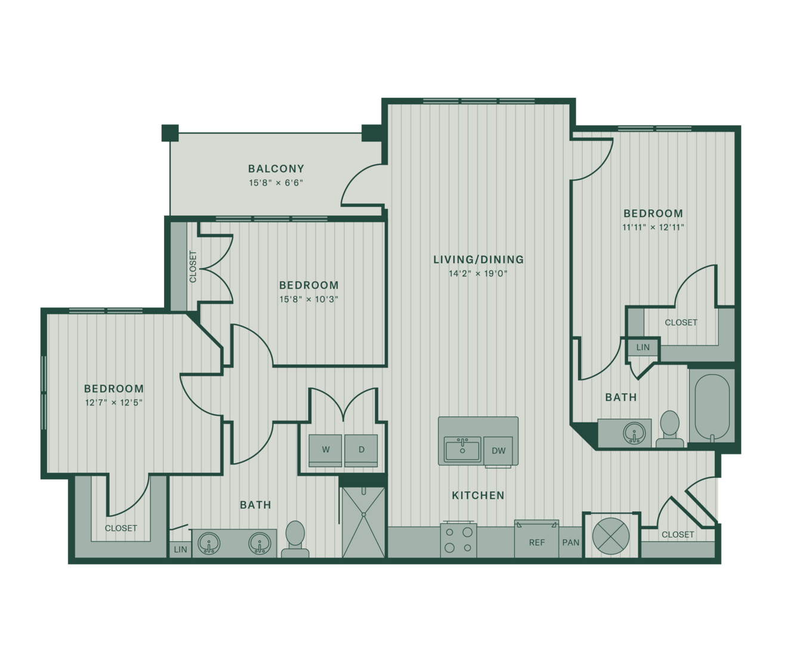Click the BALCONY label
coord(276,169)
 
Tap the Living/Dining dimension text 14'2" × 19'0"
coord(478,273)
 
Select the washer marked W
coord(325,450)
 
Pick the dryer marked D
coord(361,450)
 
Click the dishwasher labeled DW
coord(498,451)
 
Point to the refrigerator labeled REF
coord(536,539)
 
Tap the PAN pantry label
coord(571,542)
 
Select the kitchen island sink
coord(462,449)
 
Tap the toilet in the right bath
coord(670,429)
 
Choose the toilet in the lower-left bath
coord(295,539)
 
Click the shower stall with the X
coord(363,523)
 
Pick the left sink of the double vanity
coord(209,543)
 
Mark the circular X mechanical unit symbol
coord(611,536)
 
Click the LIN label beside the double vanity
coord(180,550)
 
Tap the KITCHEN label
coord(478,495)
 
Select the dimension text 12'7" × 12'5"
coord(114,403)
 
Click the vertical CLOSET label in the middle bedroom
coord(193,266)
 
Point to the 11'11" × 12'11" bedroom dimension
coord(653,227)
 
